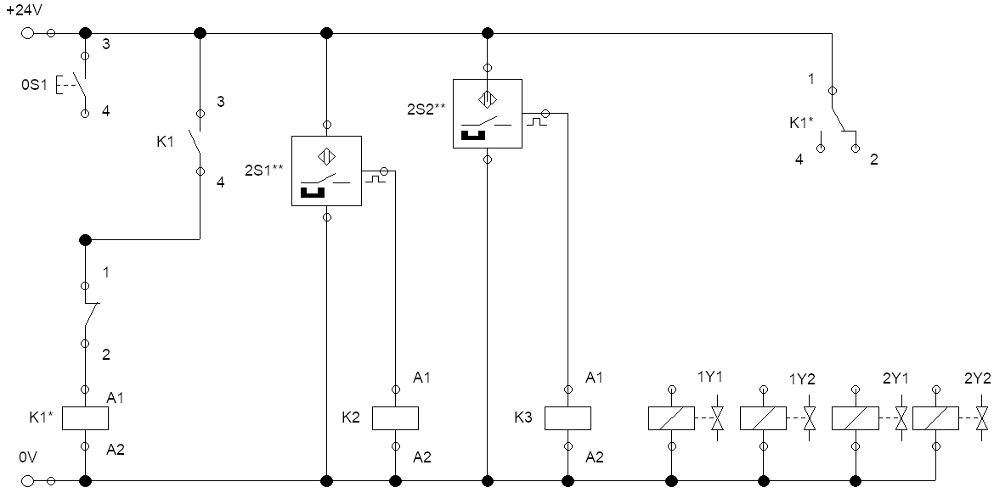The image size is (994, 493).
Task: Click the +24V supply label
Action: [23, 12]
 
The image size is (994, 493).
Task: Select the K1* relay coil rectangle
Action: [86, 418]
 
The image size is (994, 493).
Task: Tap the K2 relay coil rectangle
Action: [395, 418]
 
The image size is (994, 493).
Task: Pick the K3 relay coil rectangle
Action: [568, 418]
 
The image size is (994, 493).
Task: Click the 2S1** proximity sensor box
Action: [326, 171]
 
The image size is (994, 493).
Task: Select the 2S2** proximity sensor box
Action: [488, 114]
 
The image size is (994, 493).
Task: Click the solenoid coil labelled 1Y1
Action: [671, 418]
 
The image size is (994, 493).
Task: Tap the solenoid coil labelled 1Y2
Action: [763, 418]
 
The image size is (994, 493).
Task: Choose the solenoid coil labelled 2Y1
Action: [856, 418]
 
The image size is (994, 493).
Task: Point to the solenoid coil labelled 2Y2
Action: [935, 418]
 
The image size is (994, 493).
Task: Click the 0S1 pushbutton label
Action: [34, 84]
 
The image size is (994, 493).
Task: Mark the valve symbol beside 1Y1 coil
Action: [718, 418]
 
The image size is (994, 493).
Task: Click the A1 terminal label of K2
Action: [421, 378]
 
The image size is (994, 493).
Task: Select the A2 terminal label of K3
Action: [594, 457]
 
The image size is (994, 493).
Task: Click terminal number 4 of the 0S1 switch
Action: [106, 111]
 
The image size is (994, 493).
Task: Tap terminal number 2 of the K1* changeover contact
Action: [874, 160]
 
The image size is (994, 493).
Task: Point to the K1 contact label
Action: [166, 142]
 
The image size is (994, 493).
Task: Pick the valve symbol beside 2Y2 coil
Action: [983, 418]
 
